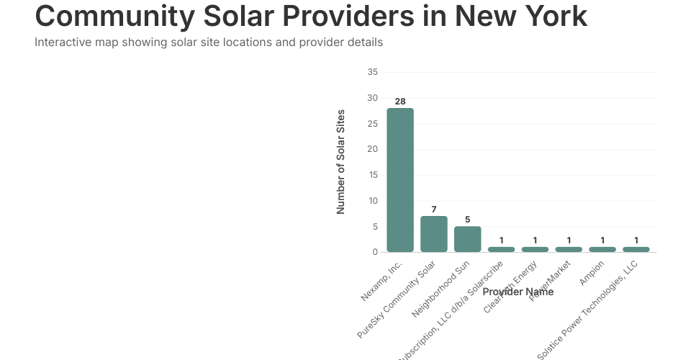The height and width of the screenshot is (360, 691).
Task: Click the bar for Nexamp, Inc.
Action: (400, 180)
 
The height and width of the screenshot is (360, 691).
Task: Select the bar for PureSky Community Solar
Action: (434, 234)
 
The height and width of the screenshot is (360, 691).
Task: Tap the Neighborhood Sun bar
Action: (468, 239)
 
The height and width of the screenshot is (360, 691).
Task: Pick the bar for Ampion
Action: (602, 249)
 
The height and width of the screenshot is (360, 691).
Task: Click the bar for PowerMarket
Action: (569, 249)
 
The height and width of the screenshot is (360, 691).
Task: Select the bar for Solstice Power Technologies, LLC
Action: (636, 249)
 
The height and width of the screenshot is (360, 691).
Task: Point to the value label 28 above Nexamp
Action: (400, 102)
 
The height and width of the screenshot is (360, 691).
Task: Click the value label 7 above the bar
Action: (434, 210)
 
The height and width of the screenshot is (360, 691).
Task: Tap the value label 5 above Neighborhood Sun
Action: (468, 220)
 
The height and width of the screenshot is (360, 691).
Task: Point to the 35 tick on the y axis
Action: (372, 72)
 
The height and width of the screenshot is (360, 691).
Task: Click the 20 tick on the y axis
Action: (372, 149)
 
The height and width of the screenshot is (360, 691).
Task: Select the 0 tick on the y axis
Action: (375, 252)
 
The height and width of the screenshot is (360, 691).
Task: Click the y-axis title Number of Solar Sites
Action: (341, 162)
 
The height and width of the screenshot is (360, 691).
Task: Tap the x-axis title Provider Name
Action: (518, 292)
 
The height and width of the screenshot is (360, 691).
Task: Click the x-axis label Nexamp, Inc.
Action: (382, 283)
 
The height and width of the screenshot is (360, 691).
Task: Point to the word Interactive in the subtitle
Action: (62, 42)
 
